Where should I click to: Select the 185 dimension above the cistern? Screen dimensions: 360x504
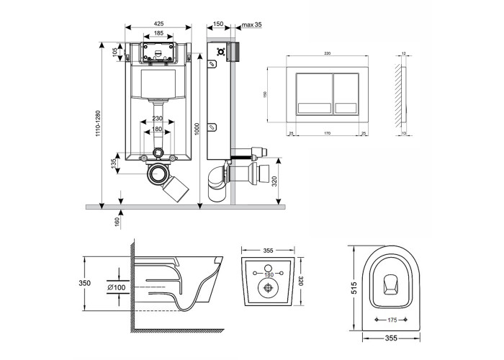point(158,34)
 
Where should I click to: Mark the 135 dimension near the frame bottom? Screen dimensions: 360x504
point(114,165)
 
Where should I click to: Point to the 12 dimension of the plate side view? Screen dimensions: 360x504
point(405,53)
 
